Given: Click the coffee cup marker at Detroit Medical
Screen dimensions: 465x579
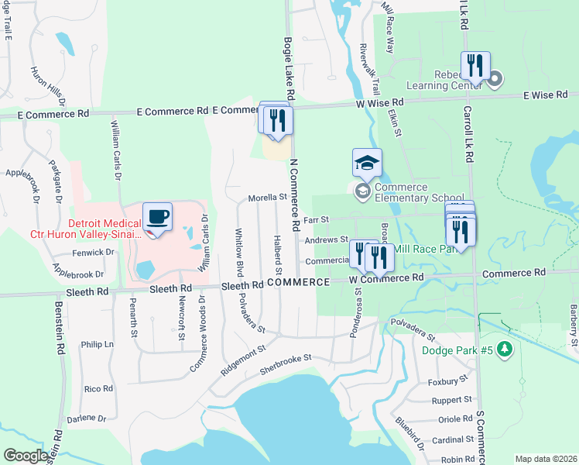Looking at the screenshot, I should tap(158, 217).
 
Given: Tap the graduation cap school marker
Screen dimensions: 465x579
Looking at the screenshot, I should tap(367, 163).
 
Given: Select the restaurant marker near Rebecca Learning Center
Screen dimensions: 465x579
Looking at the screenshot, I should tap(475, 65).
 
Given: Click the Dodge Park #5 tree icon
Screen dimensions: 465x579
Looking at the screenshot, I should tap(505, 350).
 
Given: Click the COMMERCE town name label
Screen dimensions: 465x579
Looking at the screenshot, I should tap(299, 282).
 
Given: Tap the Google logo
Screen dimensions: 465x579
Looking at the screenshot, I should tap(26, 456).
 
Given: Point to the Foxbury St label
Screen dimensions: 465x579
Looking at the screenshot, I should tap(449, 381).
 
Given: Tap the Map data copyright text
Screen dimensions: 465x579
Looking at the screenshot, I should tap(546, 459).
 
